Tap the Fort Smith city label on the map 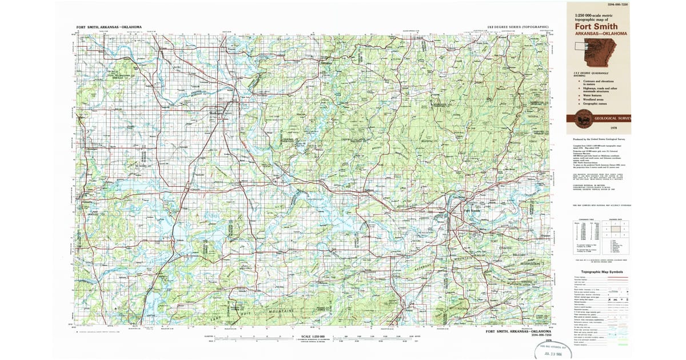click(472, 210)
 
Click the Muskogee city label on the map click(215, 113)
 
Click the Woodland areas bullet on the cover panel click(595, 99)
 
